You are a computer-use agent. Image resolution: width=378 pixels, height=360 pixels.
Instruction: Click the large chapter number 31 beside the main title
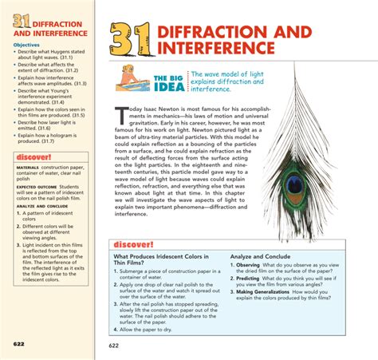click(x=130, y=38)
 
